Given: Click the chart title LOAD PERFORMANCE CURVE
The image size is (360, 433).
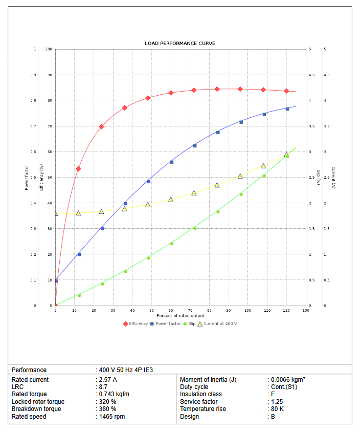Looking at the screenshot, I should tap(179, 44).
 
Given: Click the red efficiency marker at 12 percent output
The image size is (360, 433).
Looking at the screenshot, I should tap(78, 168).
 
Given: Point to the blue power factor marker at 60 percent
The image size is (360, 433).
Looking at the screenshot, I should tap(171, 162).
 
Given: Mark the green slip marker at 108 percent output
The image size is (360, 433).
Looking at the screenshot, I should tap(264, 176).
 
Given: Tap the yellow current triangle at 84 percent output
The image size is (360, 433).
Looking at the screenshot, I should tap(217, 185).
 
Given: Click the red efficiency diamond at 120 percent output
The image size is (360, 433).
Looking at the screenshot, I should tap(287, 91).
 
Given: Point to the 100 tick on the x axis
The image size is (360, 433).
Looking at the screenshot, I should tap(247, 310).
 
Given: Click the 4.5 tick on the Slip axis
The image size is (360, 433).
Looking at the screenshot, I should tap(311, 75).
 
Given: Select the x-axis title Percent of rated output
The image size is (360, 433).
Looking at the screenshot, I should tap(180, 316).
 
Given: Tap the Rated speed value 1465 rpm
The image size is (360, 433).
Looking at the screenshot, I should tap(112, 417).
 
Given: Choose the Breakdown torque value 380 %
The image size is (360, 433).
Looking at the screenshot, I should tap(108, 409).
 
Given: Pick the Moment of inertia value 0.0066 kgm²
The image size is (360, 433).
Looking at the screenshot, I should tap(288, 380).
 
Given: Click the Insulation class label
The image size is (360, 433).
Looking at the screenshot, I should tap(200, 394).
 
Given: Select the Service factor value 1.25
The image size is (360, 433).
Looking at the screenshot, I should tap(277, 402).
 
